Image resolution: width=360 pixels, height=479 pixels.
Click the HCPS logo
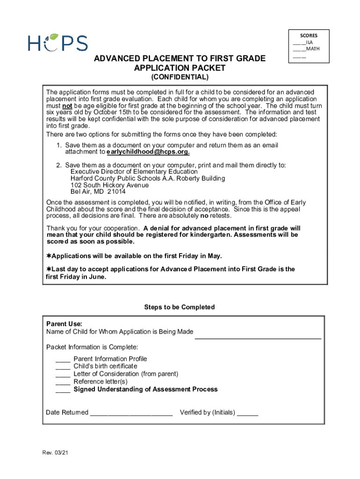click(x=58, y=42)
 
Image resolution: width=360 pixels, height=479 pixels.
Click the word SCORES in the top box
click(x=309, y=35)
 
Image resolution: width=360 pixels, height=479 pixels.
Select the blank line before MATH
click(x=299, y=49)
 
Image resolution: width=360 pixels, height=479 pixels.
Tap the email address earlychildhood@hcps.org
click(x=148, y=152)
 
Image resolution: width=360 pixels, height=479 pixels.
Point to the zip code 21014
click(x=116, y=192)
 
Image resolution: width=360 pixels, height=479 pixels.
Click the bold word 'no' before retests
click(x=204, y=216)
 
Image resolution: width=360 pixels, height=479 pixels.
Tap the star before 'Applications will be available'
click(x=48, y=256)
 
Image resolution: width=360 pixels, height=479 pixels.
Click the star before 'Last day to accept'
click(x=48, y=269)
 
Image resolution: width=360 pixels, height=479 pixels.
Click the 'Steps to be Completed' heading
click(x=180, y=307)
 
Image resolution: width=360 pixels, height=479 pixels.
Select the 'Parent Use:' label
click(x=64, y=324)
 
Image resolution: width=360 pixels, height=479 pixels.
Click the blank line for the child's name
click(x=258, y=335)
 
